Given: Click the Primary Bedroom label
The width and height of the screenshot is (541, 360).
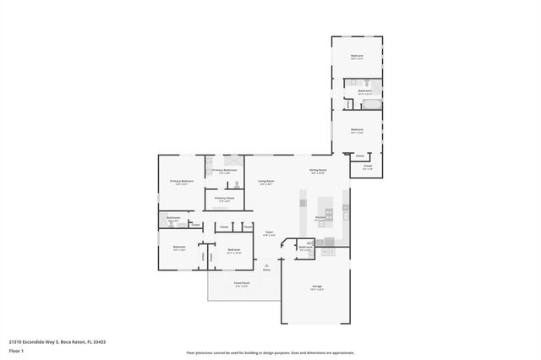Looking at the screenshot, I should tap(181, 182).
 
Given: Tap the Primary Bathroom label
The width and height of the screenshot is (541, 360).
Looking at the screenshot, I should tap(225, 171).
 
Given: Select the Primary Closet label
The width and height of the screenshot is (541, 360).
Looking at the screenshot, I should tap(224, 199).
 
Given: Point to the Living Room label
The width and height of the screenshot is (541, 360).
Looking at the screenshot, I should tap(266, 182).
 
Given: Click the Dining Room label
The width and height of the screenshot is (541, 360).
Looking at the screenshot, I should tap(318, 171).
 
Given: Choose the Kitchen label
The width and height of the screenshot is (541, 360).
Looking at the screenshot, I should tap(320, 218).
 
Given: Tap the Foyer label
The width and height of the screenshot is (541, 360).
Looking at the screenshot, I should tap(269, 233).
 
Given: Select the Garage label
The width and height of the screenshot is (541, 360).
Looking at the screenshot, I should tap(317, 287).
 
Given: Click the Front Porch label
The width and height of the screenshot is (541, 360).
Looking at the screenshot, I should tap(241, 283).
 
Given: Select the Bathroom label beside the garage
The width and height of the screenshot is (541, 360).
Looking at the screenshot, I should tap(306, 248).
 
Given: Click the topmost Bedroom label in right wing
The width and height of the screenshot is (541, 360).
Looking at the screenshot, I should tap(358, 57).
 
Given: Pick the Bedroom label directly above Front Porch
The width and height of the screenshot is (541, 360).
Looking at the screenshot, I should tap(233, 250).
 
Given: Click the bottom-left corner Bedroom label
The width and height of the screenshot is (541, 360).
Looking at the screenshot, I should tap(179, 248).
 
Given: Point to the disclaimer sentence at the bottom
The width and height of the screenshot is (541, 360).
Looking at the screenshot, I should tap(270, 352).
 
